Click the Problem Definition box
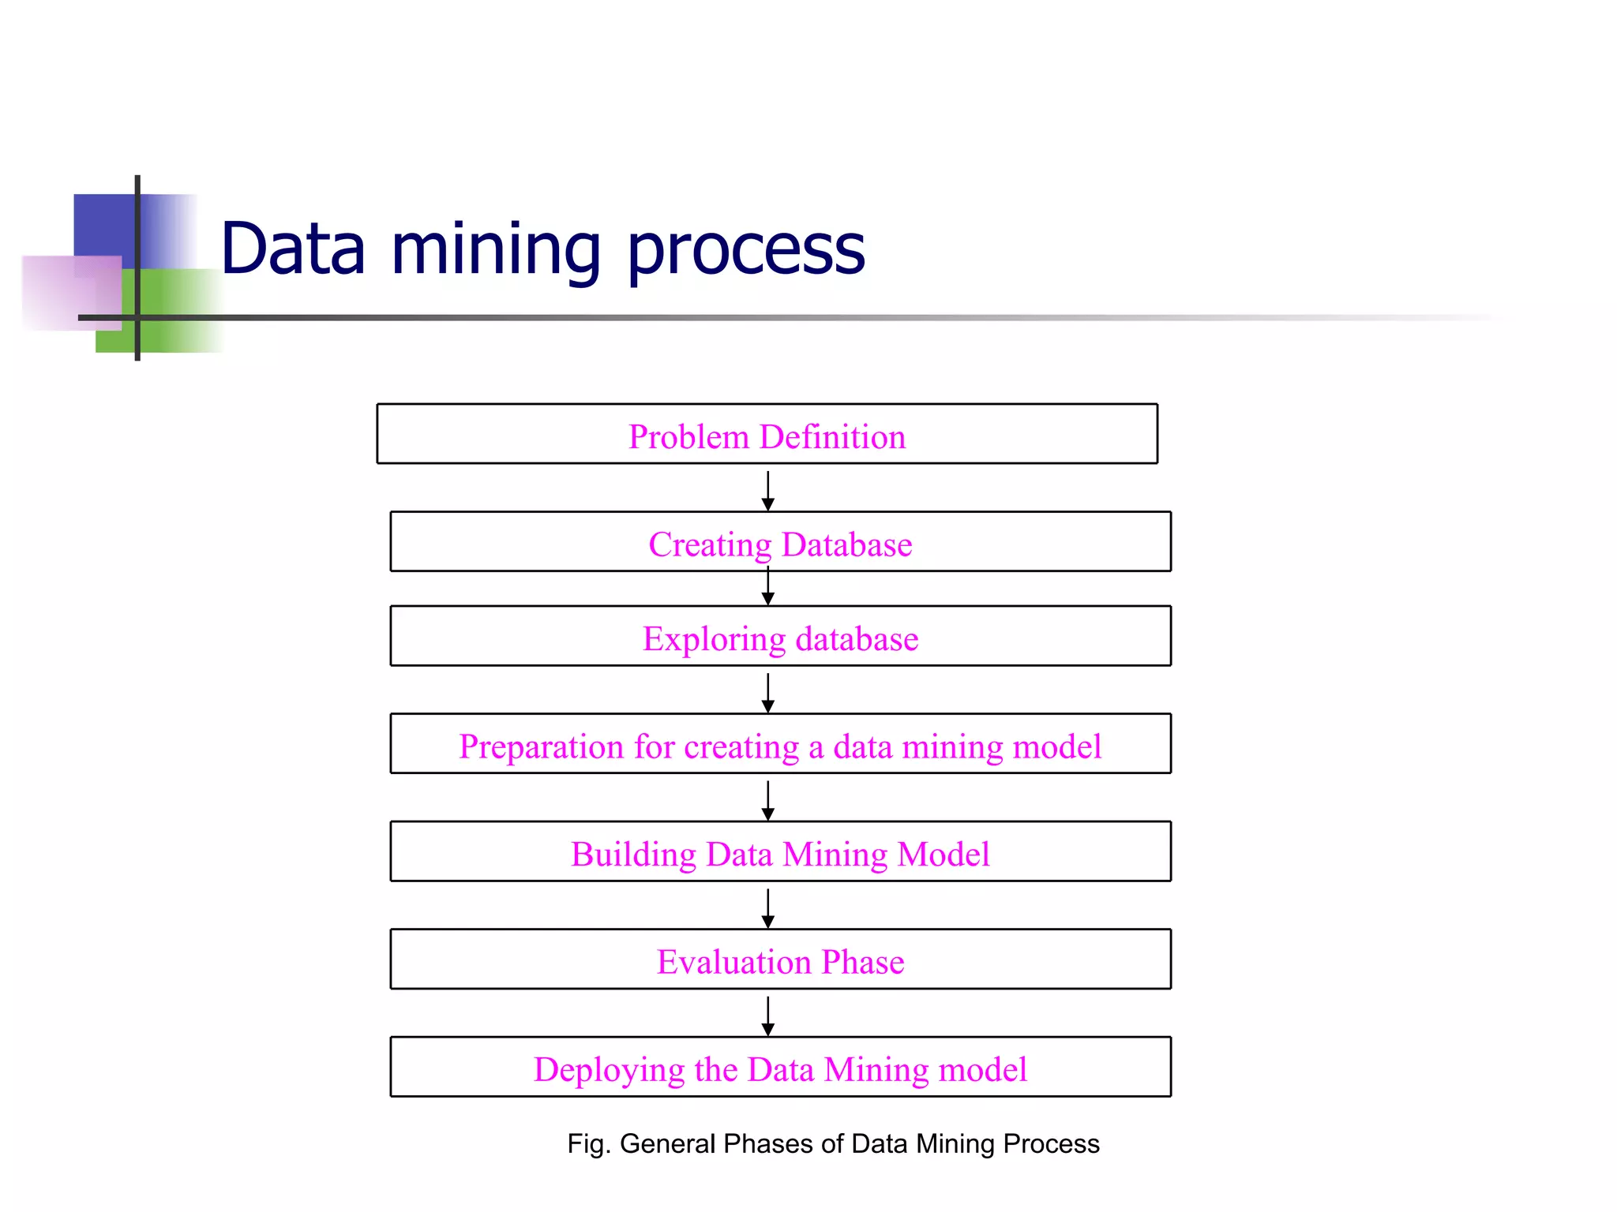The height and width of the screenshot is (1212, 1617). point(767,434)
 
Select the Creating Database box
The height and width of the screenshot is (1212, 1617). point(780,542)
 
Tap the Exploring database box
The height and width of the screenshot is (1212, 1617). point(780,636)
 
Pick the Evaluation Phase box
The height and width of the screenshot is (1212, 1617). point(780,959)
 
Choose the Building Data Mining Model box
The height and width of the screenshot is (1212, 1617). point(780,851)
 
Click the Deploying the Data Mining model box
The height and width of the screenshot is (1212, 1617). point(780,1067)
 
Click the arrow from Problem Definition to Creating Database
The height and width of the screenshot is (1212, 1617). point(767,491)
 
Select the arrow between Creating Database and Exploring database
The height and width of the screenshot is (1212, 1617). point(767,589)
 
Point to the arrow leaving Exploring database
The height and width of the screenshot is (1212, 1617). point(767,692)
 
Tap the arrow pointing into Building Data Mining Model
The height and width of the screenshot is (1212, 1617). point(767,800)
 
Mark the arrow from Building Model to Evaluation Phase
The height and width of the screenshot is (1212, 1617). point(767,908)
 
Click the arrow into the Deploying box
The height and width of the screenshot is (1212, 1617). point(767,1016)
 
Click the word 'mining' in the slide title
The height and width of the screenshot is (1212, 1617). point(496,251)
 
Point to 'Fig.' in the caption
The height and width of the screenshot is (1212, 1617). point(588,1143)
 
